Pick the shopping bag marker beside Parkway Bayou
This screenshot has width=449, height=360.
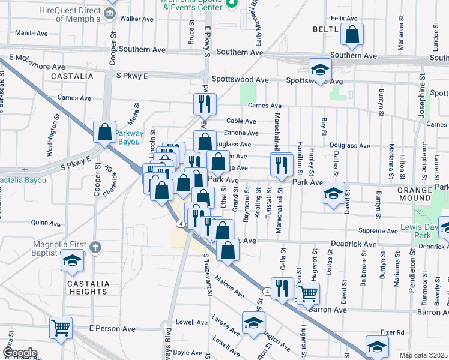pos(104,133)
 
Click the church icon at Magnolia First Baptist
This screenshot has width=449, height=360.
pos(95,247)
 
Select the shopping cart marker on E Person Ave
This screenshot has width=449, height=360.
pos(61,328)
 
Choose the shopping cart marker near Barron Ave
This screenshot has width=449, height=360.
pos(308,293)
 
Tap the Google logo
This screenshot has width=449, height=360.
pos(20,353)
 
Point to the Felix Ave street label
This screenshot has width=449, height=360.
pos(343,19)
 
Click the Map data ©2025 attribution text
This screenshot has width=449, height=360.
pos(423,355)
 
